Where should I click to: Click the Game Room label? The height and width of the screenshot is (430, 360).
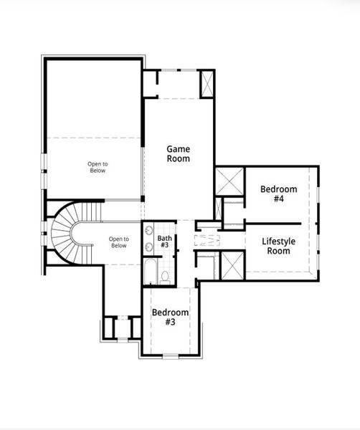click(179, 153)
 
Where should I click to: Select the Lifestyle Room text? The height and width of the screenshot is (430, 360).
click(278, 246)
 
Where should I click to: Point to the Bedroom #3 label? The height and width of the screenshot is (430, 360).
click(171, 317)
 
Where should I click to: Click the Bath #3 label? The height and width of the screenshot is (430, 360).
click(165, 242)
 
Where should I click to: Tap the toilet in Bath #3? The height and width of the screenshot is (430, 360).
click(165, 276)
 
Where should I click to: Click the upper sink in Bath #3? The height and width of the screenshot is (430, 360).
click(148, 231)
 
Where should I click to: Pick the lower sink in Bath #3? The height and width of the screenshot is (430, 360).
click(148, 247)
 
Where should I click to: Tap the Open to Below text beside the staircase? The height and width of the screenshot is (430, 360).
click(118, 242)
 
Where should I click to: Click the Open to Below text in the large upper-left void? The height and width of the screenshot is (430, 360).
click(98, 167)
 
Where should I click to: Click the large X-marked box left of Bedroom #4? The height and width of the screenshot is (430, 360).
click(230, 181)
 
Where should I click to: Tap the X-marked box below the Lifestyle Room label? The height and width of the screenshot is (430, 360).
click(231, 265)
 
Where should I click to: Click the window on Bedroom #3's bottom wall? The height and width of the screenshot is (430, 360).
click(171, 355)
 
